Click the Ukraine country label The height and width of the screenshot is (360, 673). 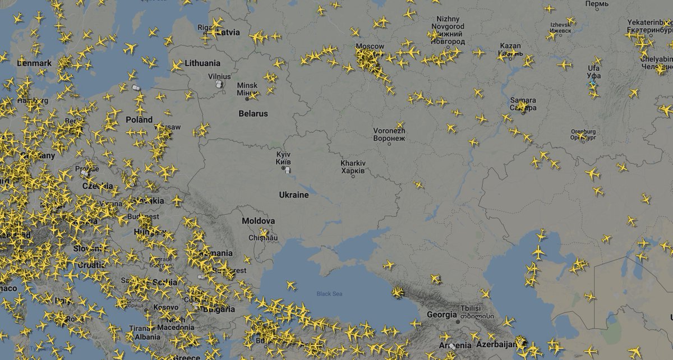[x=294, y=195]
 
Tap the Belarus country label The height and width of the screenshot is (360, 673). [x=253, y=113]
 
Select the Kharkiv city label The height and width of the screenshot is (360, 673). [x=353, y=166]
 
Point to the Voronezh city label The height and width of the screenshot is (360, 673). [x=389, y=134]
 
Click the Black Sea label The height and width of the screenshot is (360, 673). [x=329, y=293]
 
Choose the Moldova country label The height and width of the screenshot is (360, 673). [x=258, y=221]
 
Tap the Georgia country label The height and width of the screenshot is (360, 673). [x=441, y=315]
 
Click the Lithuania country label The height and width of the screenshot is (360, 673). [x=202, y=63]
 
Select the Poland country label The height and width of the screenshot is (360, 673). [x=139, y=119]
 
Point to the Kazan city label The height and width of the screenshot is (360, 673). [x=510, y=49]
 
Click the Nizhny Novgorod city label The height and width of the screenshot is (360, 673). [x=448, y=30]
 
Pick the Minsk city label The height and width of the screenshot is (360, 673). [x=247, y=89]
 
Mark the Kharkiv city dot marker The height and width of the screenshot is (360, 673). [x=353, y=176]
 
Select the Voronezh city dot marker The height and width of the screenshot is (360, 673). [x=389, y=144]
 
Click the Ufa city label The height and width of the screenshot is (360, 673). [x=593, y=72]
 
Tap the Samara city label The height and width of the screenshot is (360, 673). [x=523, y=104]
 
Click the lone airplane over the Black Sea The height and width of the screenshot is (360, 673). [x=291, y=285]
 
